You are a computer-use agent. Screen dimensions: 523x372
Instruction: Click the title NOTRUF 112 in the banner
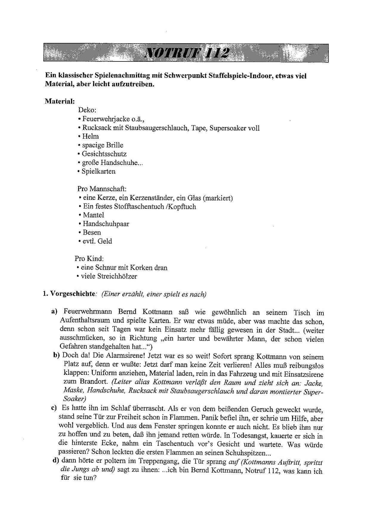click(187, 53)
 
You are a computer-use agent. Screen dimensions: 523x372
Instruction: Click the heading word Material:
click(60, 101)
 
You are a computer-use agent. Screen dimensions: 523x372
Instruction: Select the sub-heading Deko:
click(87, 110)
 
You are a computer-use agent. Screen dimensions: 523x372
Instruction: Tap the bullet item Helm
click(90, 136)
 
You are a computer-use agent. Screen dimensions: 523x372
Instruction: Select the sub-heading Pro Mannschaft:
click(102, 189)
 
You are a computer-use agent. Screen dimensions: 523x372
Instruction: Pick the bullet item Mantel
click(93, 215)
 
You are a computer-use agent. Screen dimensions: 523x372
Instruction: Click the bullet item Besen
click(92, 232)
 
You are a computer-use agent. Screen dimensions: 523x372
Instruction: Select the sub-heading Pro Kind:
click(89, 259)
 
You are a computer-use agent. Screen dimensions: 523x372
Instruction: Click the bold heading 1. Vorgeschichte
click(69, 294)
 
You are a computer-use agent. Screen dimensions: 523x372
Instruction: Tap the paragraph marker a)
click(54, 312)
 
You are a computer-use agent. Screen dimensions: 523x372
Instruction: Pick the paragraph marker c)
click(54, 408)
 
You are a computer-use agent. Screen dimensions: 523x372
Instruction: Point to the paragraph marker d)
click(55, 460)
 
